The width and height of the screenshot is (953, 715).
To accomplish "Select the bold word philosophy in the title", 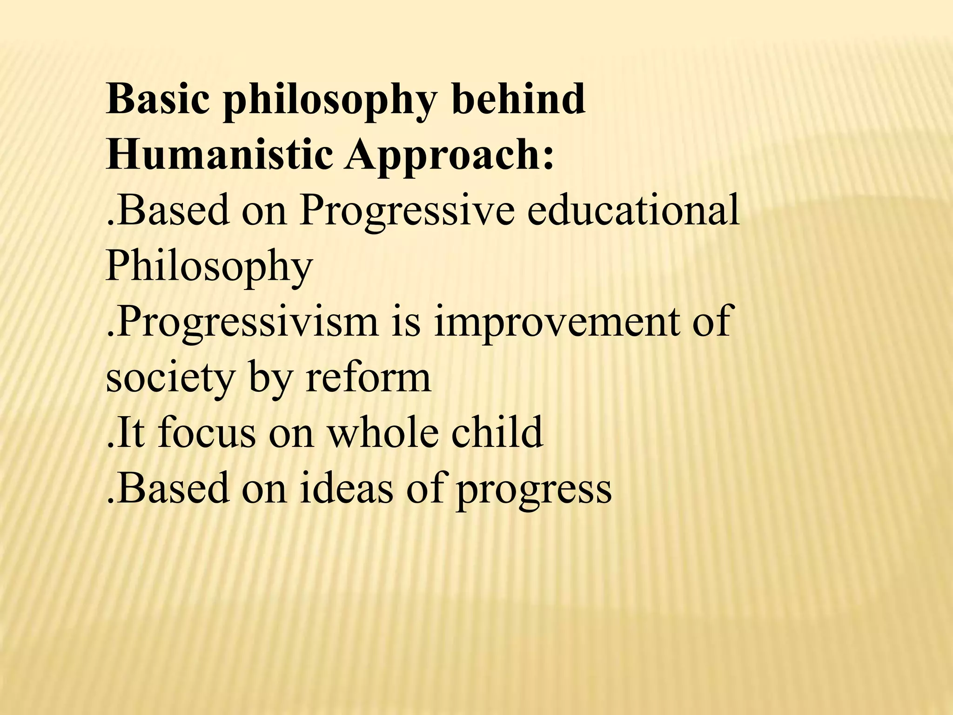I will click(330, 101).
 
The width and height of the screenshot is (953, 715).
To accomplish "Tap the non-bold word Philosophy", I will click(209, 268).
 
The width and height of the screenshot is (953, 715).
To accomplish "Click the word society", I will click(170, 379).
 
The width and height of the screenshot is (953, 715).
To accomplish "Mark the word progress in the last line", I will click(533, 491).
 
